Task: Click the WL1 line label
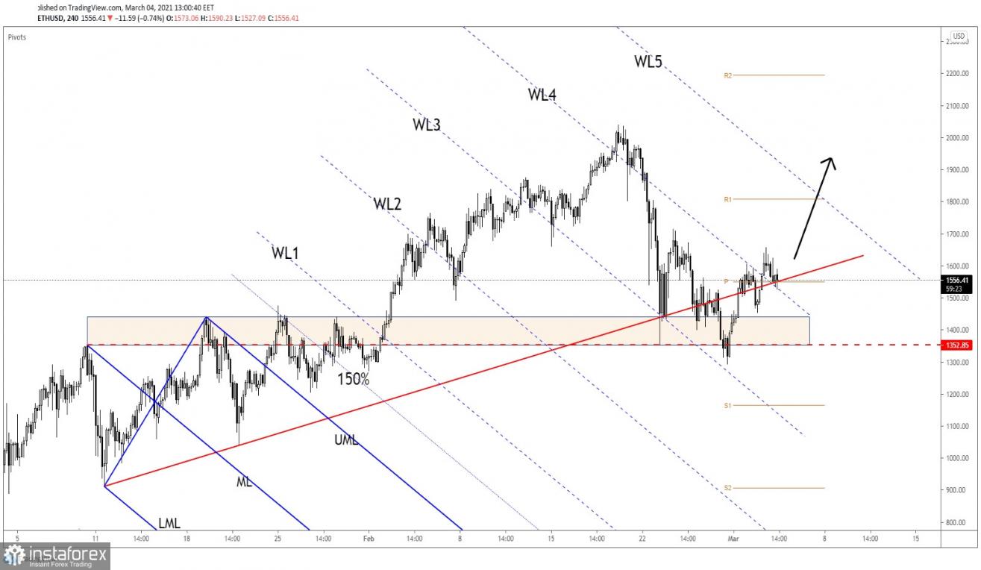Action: (285, 253)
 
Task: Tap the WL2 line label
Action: (387, 204)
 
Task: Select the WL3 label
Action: (426, 125)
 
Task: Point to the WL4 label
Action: (542, 94)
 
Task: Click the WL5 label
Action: (648, 62)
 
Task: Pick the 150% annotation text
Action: (353, 378)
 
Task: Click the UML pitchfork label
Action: (346, 439)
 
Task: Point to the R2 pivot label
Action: (727, 75)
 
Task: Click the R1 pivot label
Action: (727, 199)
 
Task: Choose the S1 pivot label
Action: (727, 406)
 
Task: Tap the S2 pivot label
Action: (727, 488)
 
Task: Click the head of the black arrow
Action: (829, 160)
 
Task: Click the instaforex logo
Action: (55, 556)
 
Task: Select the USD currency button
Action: (959, 36)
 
